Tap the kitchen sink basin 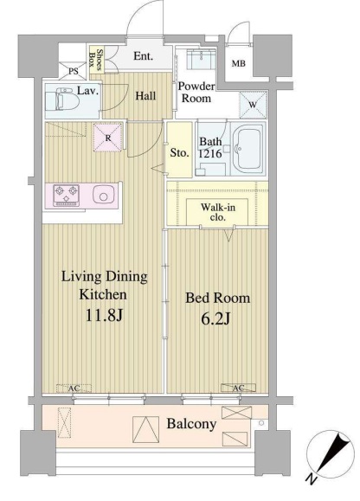pos(103,195)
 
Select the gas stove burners pos(66,195)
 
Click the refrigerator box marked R pos(108,138)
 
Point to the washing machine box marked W pos(253,105)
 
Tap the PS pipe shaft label pos(74,71)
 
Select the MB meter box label pos(238,63)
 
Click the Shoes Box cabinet pos(96,60)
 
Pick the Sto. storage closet pos(179,150)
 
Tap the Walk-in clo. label pos(218,213)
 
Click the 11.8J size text pos(104,315)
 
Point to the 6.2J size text pos(215,318)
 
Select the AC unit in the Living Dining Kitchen pos(74,389)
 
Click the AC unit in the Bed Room pos(238,388)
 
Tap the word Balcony pos(191,424)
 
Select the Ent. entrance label pos(143,56)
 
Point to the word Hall pos(145,96)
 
